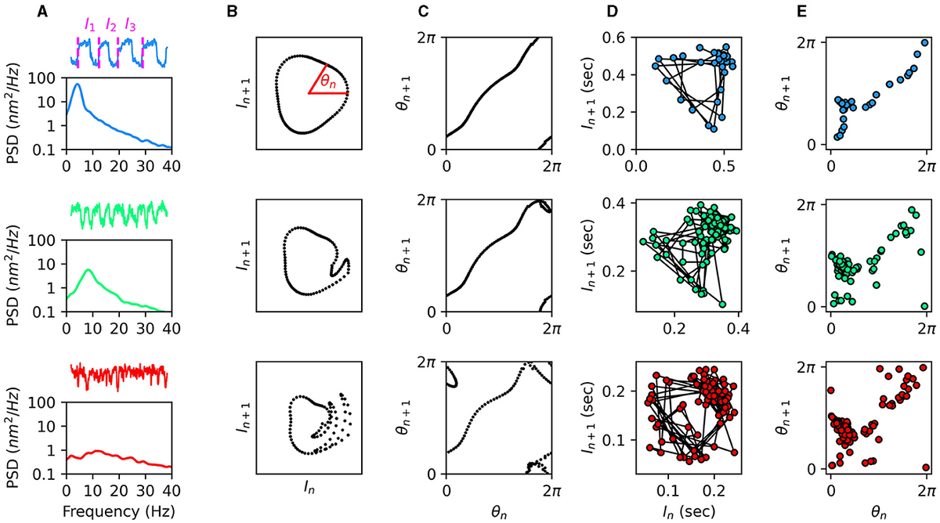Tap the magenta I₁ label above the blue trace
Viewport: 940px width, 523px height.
click(x=92, y=25)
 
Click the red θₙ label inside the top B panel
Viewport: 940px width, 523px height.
click(x=327, y=79)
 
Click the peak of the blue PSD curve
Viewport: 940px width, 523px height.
click(x=77, y=85)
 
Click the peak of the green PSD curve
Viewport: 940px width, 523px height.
click(x=89, y=270)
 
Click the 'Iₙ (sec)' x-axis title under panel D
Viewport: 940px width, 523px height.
click(x=691, y=510)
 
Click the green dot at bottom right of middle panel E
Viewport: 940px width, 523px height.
click(x=925, y=306)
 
